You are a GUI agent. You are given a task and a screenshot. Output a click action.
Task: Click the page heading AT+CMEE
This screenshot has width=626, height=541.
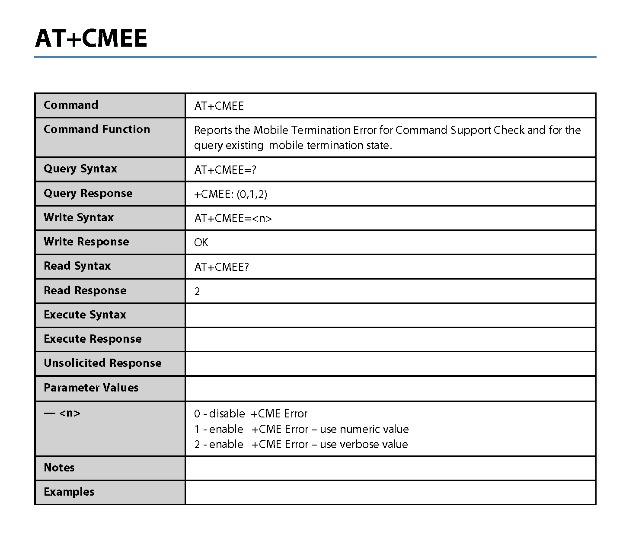coord(91,38)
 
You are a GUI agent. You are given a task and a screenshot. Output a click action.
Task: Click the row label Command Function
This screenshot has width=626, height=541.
coord(97,129)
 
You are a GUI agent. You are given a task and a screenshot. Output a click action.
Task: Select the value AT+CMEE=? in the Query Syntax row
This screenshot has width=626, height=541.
coord(225,170)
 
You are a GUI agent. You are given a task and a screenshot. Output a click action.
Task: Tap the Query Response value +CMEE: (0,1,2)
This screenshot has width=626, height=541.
coord(230,194)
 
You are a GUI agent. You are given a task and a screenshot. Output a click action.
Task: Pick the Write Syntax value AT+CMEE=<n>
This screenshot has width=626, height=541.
coord(233,218)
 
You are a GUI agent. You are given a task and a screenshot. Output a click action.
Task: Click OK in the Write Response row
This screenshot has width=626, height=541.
coord(201,242)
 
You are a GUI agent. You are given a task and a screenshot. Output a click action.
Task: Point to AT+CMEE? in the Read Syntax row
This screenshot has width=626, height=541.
coord(221,267)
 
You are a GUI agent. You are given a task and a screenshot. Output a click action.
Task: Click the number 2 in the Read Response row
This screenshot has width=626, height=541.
coord(197,292)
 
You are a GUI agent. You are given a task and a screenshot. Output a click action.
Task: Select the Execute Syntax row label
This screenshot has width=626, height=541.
coord(85,315)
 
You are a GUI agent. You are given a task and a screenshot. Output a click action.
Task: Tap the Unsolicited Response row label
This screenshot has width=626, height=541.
coord(102,363)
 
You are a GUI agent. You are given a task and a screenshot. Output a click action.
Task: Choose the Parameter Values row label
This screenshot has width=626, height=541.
coord(91,388)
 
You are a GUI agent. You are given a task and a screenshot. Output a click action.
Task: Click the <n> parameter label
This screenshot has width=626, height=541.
coord(70,413)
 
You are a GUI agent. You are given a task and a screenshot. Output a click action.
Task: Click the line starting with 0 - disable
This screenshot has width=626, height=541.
coord(251,414)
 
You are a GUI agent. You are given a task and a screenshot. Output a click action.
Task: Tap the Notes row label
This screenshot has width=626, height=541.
coord(59,468)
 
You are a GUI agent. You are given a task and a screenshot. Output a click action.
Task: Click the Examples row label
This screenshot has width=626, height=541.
coord(69,492)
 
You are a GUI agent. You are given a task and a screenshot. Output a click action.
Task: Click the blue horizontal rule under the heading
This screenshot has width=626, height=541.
coord(315,57)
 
